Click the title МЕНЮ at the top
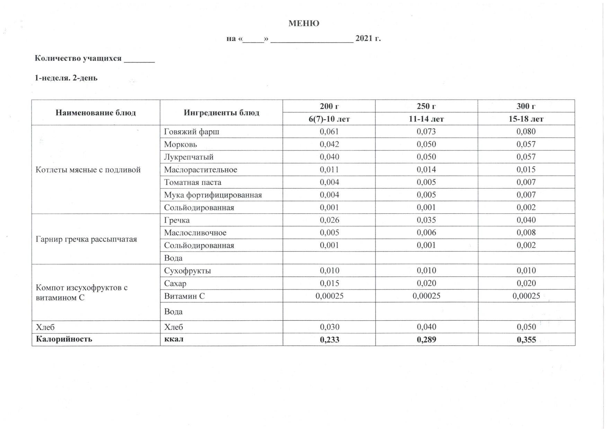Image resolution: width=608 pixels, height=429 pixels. click(x=304, y=24)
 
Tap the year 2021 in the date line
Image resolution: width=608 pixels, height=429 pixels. click(x=363, y=38)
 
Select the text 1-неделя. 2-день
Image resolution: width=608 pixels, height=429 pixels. click(x=66, y=78)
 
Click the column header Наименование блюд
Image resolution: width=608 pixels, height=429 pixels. click(x=96, y=113)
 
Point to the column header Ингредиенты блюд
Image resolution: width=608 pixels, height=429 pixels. click(x=221, y=113)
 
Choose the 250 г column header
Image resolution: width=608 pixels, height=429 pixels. click(x=426, y=106)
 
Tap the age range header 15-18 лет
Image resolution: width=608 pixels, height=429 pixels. click(x=526, y=119)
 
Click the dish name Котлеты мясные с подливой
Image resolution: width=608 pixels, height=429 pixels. click(x=88, y=170)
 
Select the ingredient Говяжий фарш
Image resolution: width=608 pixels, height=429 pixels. click(x=192, y=131)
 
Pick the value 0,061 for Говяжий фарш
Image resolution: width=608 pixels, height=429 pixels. click(x=329, y=131)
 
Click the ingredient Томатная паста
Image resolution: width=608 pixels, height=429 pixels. click(x=193, y=182)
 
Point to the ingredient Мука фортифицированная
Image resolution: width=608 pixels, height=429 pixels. click(x=213, y=195)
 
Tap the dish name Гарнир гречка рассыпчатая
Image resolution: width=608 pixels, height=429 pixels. click(x=86, y=239)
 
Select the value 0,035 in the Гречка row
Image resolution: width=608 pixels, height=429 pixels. click(x=426, y=220)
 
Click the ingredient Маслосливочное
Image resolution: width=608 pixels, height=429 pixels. click(x=195, y=233)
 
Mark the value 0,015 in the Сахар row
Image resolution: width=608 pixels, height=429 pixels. click(x=329, y=283)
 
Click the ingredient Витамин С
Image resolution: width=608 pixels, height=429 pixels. click(x=184, y=296)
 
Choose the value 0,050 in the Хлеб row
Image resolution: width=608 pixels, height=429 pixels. click(x=526, y=327)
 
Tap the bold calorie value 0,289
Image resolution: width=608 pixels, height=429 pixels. click(x=426, y=340)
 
